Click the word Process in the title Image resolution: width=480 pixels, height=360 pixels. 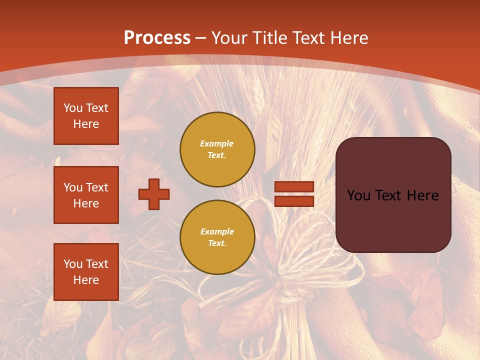coord(157,38)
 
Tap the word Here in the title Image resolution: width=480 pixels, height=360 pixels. coord(348,38)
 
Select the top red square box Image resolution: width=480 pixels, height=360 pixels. coord(86,116)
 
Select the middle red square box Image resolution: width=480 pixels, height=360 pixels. coord(86,195)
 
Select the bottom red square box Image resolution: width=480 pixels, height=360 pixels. coord(86,272)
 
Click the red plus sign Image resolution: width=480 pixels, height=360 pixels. coord(154,194)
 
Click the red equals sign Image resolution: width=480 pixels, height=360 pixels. coord(294,194)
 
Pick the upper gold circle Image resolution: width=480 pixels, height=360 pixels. coord(217,149)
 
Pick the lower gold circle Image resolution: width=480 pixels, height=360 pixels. coord(217,237)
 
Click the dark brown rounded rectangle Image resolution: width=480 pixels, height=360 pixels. coord(393,220)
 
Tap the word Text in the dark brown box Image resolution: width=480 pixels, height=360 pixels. coord(392,195)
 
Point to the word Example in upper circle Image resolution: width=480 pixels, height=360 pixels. coord(217,144)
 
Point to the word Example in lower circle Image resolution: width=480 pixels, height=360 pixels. coord(217,232)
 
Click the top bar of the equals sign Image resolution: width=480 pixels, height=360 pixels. coord(294,187)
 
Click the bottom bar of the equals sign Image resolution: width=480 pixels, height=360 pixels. coord(294,201)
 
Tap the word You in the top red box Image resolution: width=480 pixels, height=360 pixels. coord(73,108)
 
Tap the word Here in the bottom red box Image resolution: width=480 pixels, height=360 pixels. coord(86,280)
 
